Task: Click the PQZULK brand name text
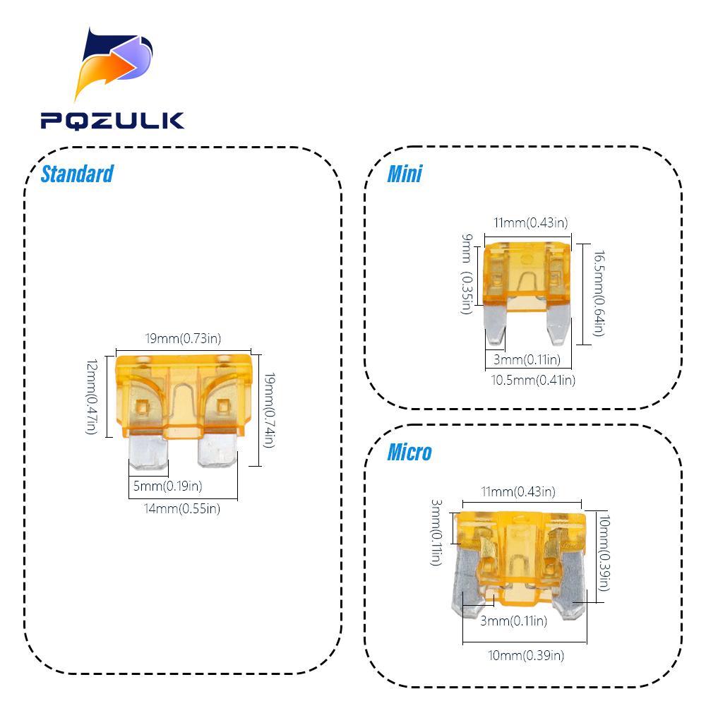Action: point(112,121)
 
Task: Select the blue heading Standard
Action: point(77,174)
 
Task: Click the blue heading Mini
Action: point(405,174)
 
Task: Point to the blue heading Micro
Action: point(409,452)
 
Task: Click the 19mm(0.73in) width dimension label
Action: point(184,338)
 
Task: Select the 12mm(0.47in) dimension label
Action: point(91,397)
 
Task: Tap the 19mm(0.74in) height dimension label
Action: point(269,410)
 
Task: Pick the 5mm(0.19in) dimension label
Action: point(167,486)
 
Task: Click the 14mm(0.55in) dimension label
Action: point(182,508)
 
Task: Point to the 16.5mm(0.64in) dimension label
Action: point(599,294)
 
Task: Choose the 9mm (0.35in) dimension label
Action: point(467,274)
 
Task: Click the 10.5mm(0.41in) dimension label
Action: point(533,380)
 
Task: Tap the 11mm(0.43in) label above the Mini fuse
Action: point(531,222)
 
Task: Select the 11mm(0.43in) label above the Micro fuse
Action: point(518,491)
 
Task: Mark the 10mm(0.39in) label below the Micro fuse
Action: point(526,655)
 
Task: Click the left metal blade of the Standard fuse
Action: point(148,452)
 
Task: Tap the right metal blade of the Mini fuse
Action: point(558,323)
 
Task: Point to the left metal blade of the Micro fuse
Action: point(466,581)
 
